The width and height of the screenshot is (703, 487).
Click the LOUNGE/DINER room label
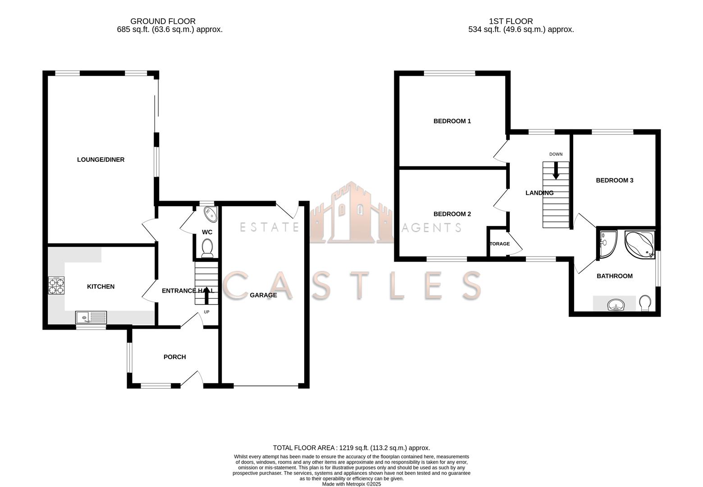(x=100, y=160)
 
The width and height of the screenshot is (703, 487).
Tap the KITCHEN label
(x=100, y=287)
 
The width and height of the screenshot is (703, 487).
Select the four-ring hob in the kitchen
(x=56, y=285)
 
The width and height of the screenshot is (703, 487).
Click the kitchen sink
(x=91, y=317)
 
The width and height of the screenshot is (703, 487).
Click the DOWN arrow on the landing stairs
(x=556, y=170)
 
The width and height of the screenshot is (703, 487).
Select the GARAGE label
(x=263, y=295)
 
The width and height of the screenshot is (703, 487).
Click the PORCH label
(x=174, y=357)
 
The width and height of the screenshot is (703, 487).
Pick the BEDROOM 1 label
(x=452, y=121)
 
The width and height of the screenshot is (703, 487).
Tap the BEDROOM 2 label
(x=452, y=214)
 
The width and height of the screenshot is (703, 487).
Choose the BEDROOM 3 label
(x=614, y=180)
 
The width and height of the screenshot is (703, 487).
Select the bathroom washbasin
(x=615, y=306)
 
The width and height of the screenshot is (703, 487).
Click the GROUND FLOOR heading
(x=163, y=21)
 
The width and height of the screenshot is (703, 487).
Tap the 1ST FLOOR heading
(x=511, y=21)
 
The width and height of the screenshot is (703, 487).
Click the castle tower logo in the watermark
(x=351, y=212)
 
